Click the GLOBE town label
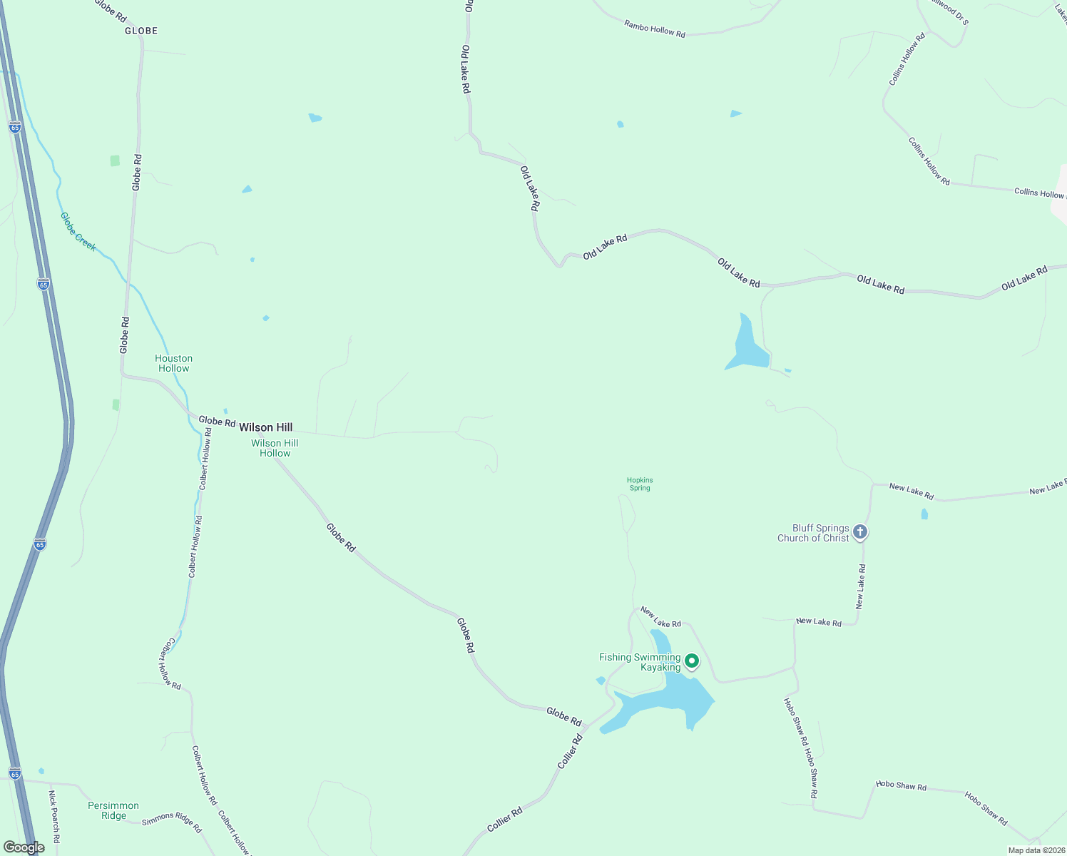point(141,31)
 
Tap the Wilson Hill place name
point(265,427)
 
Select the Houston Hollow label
point(174,364)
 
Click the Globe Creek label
point(78,231)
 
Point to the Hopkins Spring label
point(640,484)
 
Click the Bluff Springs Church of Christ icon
point(860,532)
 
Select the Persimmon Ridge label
point(113,810)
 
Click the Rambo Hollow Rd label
point(655,29)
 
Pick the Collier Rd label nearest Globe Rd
point(570,750)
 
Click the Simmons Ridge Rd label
point(172,822)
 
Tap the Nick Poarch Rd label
point(54,817)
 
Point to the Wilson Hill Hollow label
point(275,448)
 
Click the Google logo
point(24,847)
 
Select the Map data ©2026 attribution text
point(1036,850)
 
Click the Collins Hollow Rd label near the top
point(907,59)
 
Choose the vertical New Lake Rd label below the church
point(861,586)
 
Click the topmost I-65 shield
point(15,127)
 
